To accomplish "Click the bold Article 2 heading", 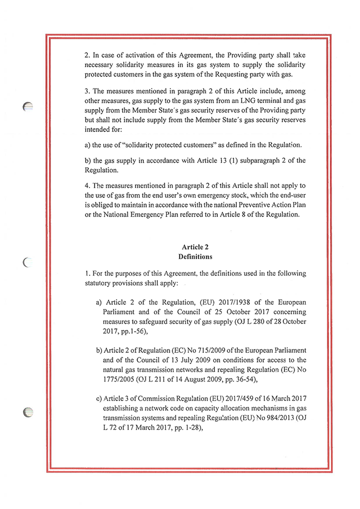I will point(195,247).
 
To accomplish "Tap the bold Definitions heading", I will point(195,257).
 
